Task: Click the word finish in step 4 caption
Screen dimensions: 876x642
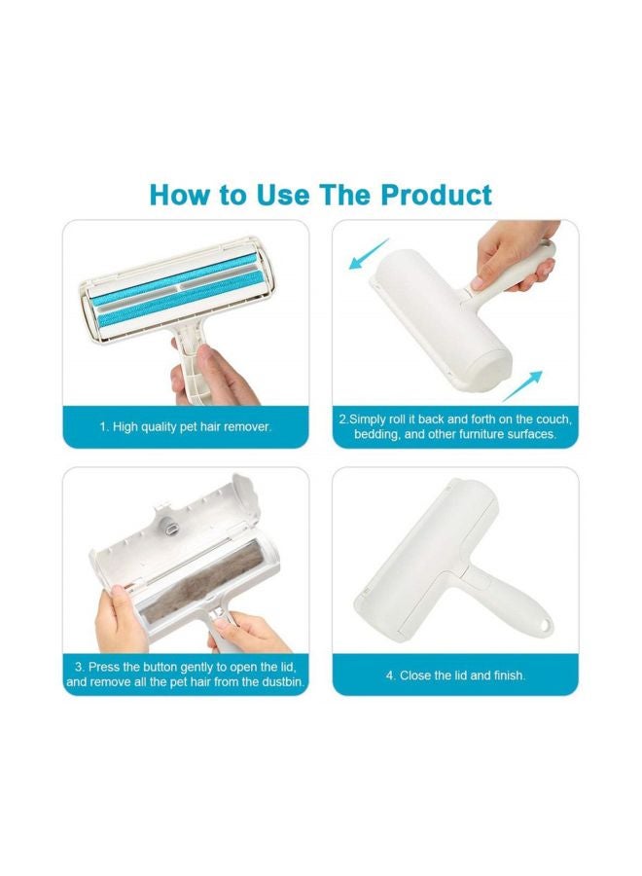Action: coord(507,675)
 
